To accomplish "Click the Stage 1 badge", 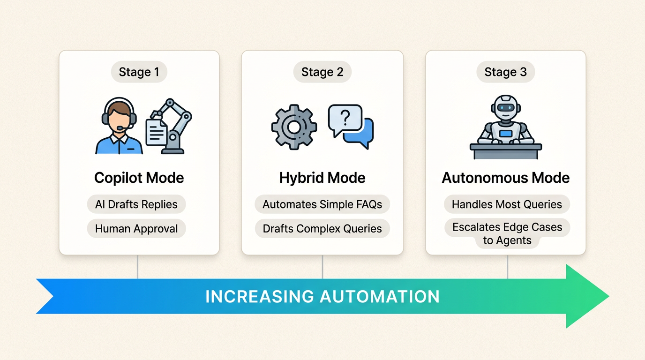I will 139,72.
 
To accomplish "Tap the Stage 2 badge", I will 322,72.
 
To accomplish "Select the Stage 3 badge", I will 505,72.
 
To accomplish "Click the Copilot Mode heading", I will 139,178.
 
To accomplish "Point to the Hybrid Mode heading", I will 322,178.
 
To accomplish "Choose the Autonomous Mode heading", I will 505,178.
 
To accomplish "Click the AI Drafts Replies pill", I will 136,204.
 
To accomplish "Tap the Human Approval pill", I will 136,229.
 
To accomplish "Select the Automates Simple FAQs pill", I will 322,204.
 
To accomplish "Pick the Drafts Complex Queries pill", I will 322,229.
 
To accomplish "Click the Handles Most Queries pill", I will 507,204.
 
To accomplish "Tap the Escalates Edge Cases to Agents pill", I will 507,233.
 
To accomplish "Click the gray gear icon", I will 294,127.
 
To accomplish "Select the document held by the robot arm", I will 156,132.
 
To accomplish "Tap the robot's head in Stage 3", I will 505,108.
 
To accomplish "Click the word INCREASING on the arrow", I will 259,297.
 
